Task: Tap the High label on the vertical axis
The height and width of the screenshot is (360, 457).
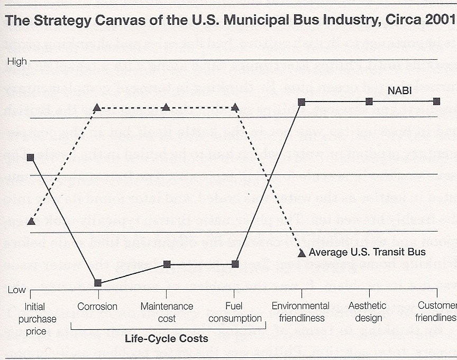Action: coord(17,62)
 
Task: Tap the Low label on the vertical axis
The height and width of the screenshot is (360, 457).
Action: coord(16,290)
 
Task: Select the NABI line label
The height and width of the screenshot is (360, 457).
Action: coord(399,91)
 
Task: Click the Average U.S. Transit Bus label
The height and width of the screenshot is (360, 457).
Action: coord(367,252)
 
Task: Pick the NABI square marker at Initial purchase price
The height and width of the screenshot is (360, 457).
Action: coord(31,158)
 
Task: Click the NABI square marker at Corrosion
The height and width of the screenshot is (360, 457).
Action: coord(98,283)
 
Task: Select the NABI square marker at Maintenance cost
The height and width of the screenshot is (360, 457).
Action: coord(167,264)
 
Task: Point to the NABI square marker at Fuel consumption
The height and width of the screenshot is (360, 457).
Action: coord(235,264)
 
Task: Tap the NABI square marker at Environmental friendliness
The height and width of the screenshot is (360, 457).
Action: coord(301,101)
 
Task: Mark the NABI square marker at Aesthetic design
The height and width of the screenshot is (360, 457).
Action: coord(369,101)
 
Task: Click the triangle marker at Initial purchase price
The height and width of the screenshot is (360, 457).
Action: coord(31,221)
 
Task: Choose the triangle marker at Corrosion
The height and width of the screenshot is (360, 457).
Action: coord(97,107)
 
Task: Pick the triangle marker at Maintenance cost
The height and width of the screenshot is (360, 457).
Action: coord(166,107)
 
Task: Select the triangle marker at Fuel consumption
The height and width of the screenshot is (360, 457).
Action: coord(235,107)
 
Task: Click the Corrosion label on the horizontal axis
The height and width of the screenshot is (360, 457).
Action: coord(97,306)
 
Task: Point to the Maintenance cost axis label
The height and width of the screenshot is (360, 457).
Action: coord(167,312)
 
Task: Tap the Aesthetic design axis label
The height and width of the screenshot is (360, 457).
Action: coord(367,312)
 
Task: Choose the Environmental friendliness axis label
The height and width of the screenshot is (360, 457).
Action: coord(300,312)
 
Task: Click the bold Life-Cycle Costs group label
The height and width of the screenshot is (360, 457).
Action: coord(167,338)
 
